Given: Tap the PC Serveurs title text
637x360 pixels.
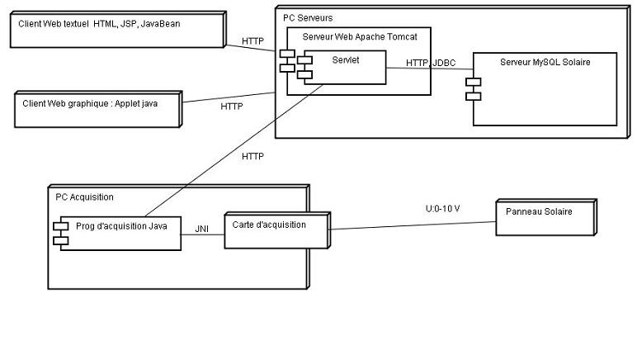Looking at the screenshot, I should coord(308,17).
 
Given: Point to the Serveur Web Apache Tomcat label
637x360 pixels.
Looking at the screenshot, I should coord(360,37).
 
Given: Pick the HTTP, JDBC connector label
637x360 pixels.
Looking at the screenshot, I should coord(430,63).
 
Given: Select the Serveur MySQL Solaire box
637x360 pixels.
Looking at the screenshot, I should coord(545,91).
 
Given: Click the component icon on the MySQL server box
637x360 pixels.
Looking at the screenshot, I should coord(473,89).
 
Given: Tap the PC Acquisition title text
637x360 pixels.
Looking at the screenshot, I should coord(84,197).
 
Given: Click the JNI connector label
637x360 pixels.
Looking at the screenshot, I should coord(201,229).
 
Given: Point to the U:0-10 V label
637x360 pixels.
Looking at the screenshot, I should coord(442,209).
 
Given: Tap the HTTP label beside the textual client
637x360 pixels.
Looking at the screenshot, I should coord(252,41).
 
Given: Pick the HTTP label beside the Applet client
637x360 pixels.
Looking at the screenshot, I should coord(232,106).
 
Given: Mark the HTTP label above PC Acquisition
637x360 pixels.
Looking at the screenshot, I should coord(252,156).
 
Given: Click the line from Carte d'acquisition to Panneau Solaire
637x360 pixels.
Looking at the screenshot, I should coord(413,223).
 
